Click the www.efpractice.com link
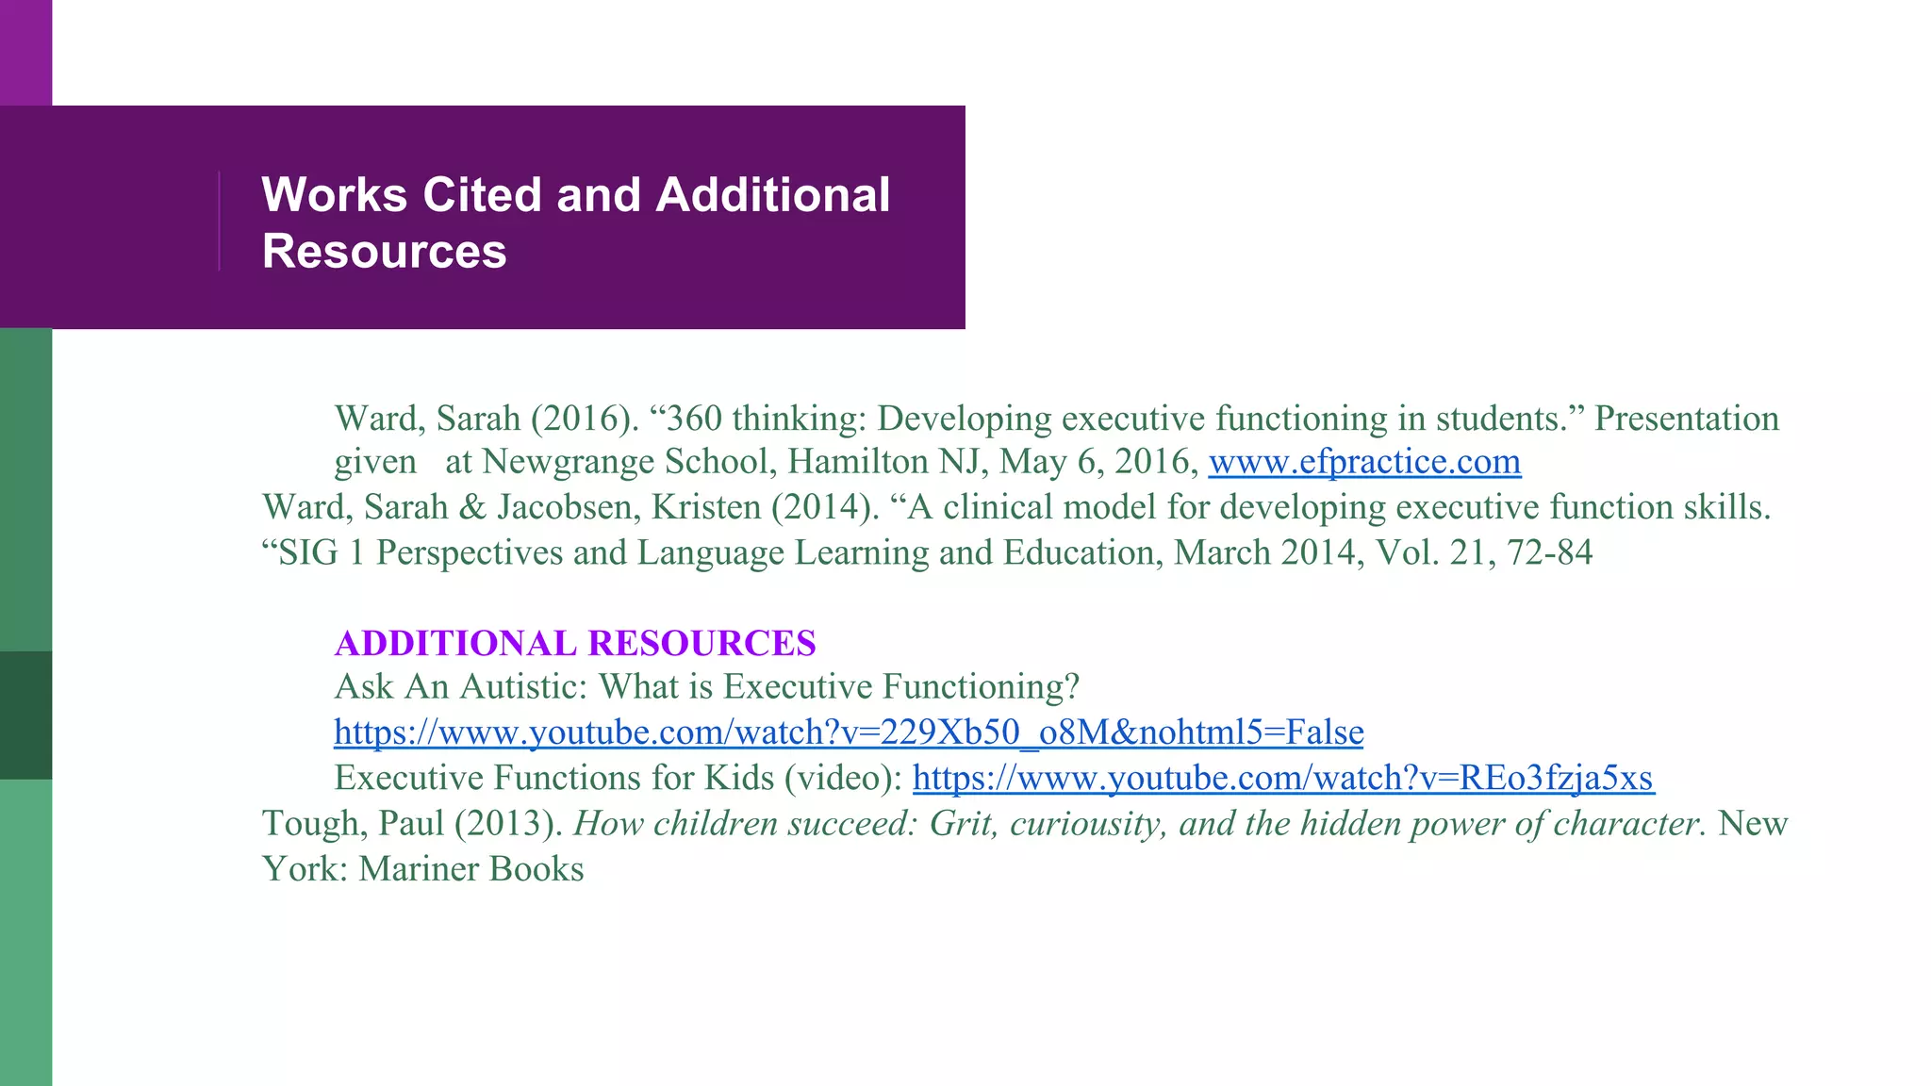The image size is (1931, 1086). tap(1364, 462)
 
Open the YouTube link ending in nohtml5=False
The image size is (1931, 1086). tap(849, 732)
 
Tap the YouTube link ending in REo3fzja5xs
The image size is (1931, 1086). tap(1283, 778)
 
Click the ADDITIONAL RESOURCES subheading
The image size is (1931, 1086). tap(575, 643)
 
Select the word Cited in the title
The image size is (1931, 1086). tap(481, 195)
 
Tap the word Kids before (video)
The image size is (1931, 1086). tap(734, 778)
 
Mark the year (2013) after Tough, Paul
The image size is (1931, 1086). tap(508, 824)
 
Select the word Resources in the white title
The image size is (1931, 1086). tap(385, 252)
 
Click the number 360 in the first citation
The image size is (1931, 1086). tap(694, 419)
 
